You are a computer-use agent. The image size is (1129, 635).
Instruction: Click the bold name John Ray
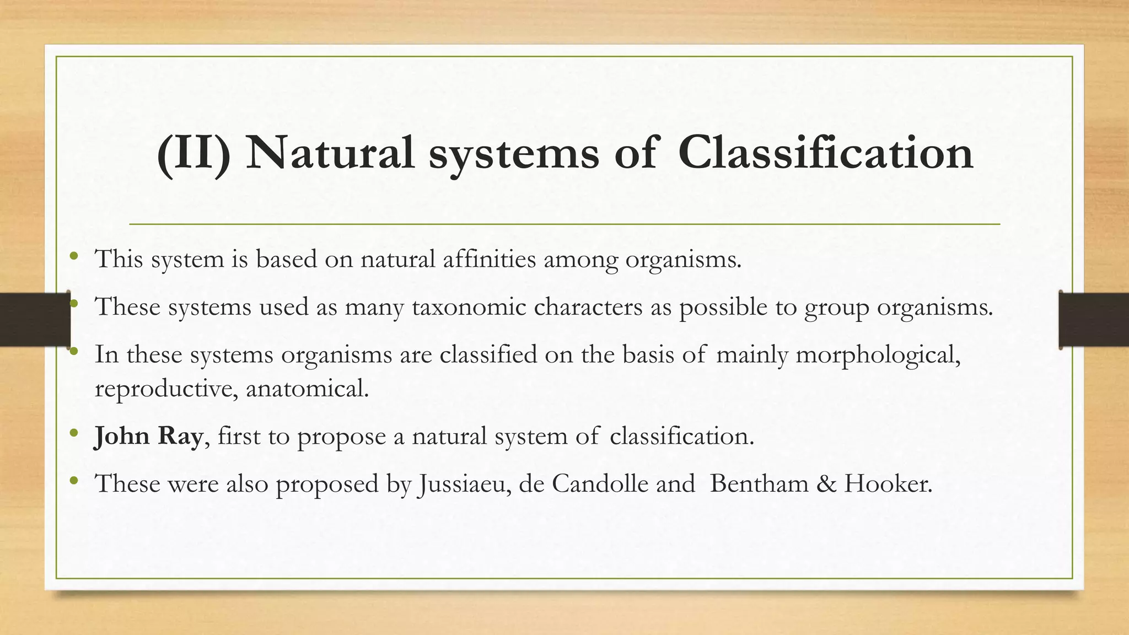148,437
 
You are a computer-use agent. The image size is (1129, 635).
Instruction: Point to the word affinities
489,259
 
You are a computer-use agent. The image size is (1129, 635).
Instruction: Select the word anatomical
307,389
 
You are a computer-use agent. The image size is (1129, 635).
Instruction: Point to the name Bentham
759,484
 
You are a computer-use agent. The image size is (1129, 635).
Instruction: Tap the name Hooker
888,484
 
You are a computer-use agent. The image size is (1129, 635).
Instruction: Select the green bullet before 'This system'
74,256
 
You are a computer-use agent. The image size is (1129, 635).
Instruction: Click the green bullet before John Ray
74,434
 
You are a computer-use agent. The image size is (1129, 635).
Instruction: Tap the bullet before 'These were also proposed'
74,481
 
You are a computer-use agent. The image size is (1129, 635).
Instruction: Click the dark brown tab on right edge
1094,320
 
